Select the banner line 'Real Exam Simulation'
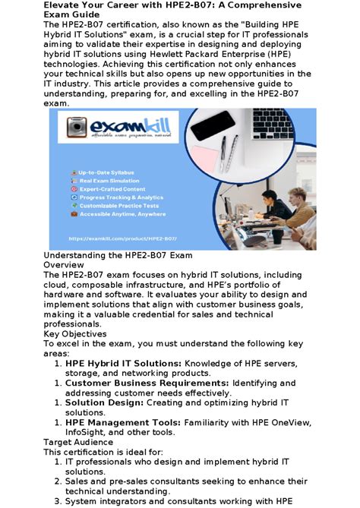coord(109,181)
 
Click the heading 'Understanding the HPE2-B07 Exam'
coord(118,256)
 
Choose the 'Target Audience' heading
coord(78,441)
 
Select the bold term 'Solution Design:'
coord(105,402)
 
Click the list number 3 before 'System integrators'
coord(58,501)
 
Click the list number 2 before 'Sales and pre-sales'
coord(58,481)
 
